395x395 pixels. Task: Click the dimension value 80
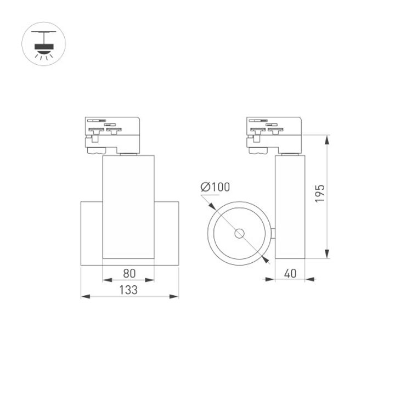click(129, 273)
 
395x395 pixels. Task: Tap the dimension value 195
click(320, 194)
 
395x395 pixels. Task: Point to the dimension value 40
click(291, 273)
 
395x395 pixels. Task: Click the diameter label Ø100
click(215, 187)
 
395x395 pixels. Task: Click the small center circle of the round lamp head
click(239, 234)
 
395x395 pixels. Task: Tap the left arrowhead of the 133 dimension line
click(84, 297)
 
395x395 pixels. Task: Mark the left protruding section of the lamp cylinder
click(91, 234)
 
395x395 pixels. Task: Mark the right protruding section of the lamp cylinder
click(166, 234)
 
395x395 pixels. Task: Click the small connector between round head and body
click(273, 234)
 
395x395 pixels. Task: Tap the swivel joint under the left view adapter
click(129, 154)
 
